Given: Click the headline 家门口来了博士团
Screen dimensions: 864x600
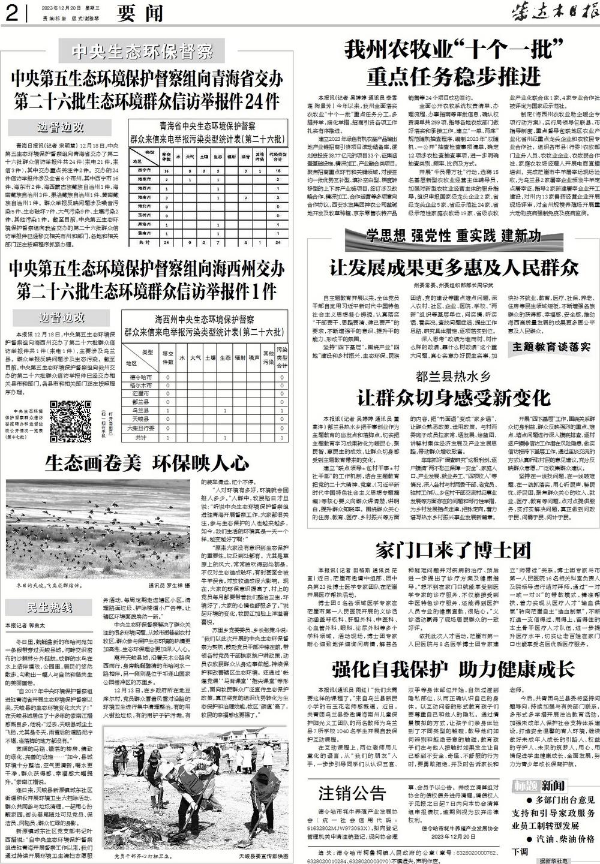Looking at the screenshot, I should pos(454,549).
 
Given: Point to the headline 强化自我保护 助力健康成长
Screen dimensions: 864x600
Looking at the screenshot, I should pos(454,668).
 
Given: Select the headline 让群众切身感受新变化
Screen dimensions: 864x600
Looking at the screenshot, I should pos(453,397).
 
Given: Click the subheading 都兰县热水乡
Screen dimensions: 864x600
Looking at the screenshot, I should pos(453,377).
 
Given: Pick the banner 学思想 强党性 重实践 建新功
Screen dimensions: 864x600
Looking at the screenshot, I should pos(454,234).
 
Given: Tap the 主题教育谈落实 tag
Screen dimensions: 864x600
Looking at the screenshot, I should pos(551,347).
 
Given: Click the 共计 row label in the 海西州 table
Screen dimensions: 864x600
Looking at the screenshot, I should pos(142,438).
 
